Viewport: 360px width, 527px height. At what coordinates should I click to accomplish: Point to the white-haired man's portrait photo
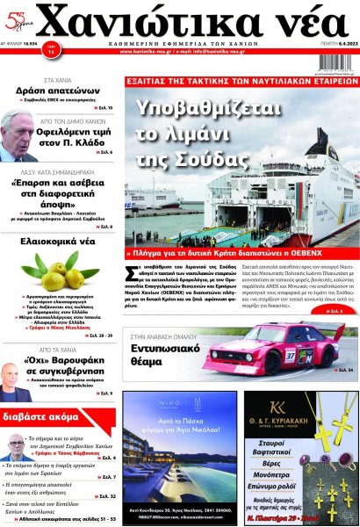19,136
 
